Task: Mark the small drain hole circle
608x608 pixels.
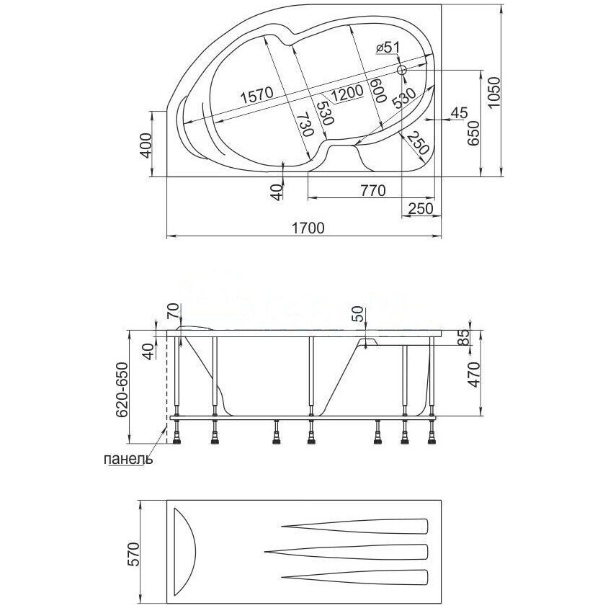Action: [402, 71]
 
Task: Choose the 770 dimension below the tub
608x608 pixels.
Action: [372, 190]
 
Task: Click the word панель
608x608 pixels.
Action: [128, 459]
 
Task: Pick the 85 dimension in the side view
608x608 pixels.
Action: [464, 337]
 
